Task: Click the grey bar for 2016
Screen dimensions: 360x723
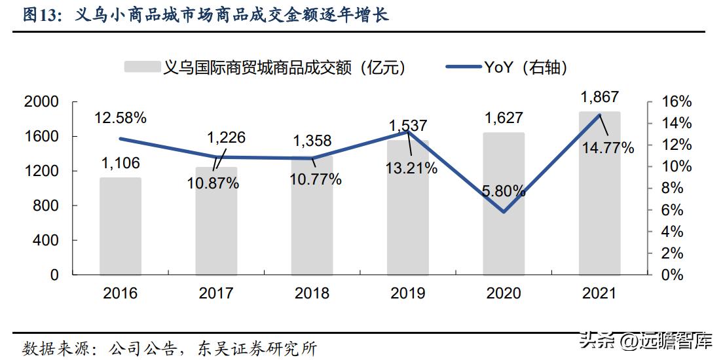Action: tap(120, 226)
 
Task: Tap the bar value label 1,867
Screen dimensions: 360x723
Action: tap(600, 98)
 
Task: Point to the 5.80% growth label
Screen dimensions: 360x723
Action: tap(504, 192)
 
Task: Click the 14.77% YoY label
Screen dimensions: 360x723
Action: tap(608, 148)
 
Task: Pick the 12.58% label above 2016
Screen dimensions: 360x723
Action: tap(120, 118)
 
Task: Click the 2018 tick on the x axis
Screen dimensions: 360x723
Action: tap(312, 293)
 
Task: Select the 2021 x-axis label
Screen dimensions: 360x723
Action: tap(599, 293)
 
